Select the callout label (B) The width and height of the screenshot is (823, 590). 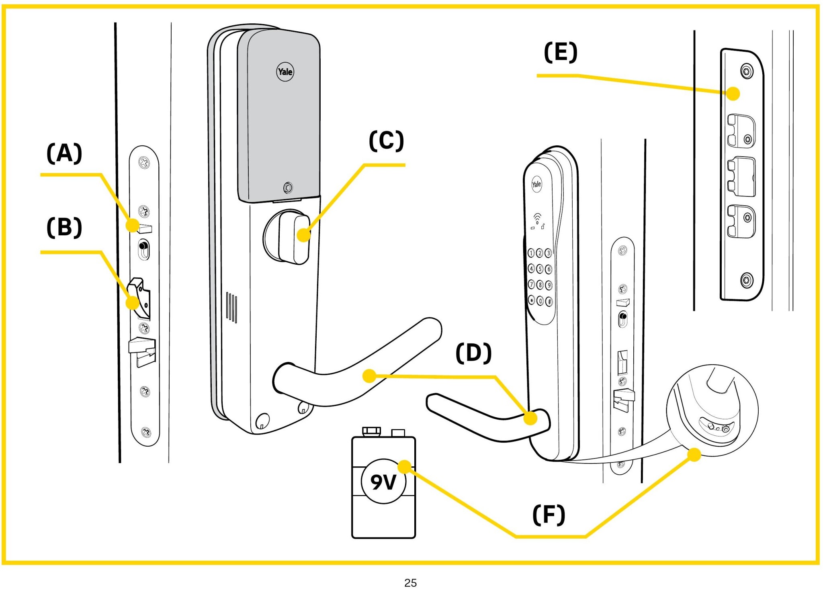coord(64,227)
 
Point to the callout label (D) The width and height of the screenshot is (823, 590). coord(473,353)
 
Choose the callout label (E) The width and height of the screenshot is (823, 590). coord(561,52)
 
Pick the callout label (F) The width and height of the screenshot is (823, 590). coord(549,515)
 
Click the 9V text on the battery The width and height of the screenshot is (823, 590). coord(383,482)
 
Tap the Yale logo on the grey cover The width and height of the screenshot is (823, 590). coord(285,72)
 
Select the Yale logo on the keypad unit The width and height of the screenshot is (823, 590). coord(536,184)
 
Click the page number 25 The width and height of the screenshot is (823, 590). coord(410,582)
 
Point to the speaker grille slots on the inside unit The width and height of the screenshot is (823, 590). coord(231,307)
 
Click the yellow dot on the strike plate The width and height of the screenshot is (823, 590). coord(733,94)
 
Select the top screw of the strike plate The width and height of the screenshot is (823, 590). coord(747,71)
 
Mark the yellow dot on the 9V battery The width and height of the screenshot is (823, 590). coord(404,467)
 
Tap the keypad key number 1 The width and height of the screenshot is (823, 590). coord(531,253)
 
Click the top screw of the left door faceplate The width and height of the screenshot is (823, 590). coord(144,163)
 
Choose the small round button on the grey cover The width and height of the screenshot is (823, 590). coord(288,188)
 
